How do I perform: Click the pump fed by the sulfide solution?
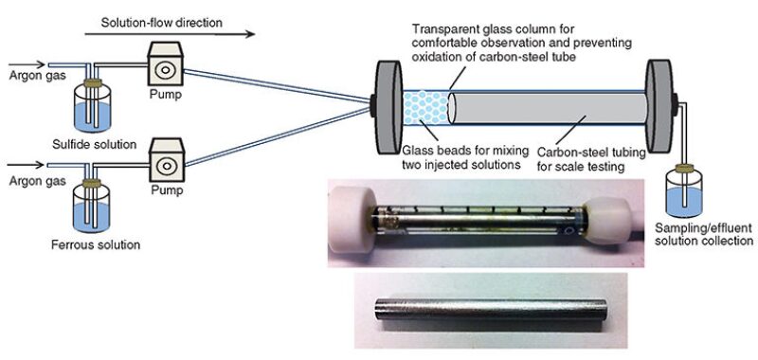coord(164,65)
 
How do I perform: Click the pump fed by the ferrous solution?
coord(166,161)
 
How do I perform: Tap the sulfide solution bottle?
coord(92,107)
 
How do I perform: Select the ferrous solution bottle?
coord(91,207)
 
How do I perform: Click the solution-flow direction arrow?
coord(170,34)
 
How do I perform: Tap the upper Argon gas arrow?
coord(27,64)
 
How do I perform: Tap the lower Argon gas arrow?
coord(27,165)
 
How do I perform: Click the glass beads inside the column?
coord(425,107)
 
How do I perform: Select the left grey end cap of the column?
coord(389,107)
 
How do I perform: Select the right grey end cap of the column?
coord(659,106)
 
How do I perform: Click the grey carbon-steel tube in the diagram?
coord(548,107)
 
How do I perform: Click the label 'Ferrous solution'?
coord(96,244)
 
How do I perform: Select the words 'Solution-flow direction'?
coord(162,22)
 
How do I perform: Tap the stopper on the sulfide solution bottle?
coord(92,83)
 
